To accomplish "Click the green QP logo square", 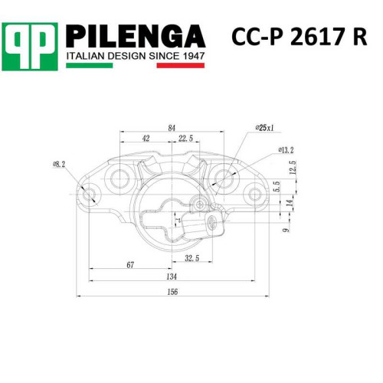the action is coord(30,47).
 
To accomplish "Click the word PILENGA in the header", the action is coord(136,36).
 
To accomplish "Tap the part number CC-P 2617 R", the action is coord(300,37).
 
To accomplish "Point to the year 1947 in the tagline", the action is coord(194,56).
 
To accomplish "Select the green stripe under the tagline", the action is coord(90,65).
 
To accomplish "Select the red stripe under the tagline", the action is coord(181,65).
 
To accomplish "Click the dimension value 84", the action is coord(172,128).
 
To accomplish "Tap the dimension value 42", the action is coord(146,138).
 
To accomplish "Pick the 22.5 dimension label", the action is coord(186,138).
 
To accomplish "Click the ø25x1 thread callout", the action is coord(264,128).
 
